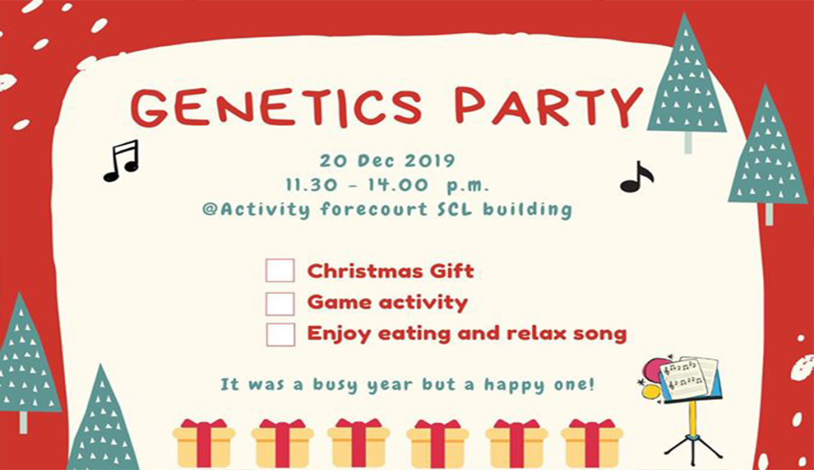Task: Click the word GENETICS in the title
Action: [276, 107]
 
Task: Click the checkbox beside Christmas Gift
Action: [281, 270]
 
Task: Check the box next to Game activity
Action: [281, 303]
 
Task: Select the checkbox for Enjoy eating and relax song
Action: [281, 335]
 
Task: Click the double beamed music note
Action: [122, 161]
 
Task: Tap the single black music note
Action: [637, 177]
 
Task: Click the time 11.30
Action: [311, 185]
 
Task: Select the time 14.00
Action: [399, 185]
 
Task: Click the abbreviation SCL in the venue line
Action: [456, 209]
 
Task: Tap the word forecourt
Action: [374, 210]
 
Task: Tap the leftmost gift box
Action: [203, 442]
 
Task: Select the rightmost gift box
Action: [592, 442]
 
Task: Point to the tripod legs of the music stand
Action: [693, 449]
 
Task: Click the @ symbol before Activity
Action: [209, 210]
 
